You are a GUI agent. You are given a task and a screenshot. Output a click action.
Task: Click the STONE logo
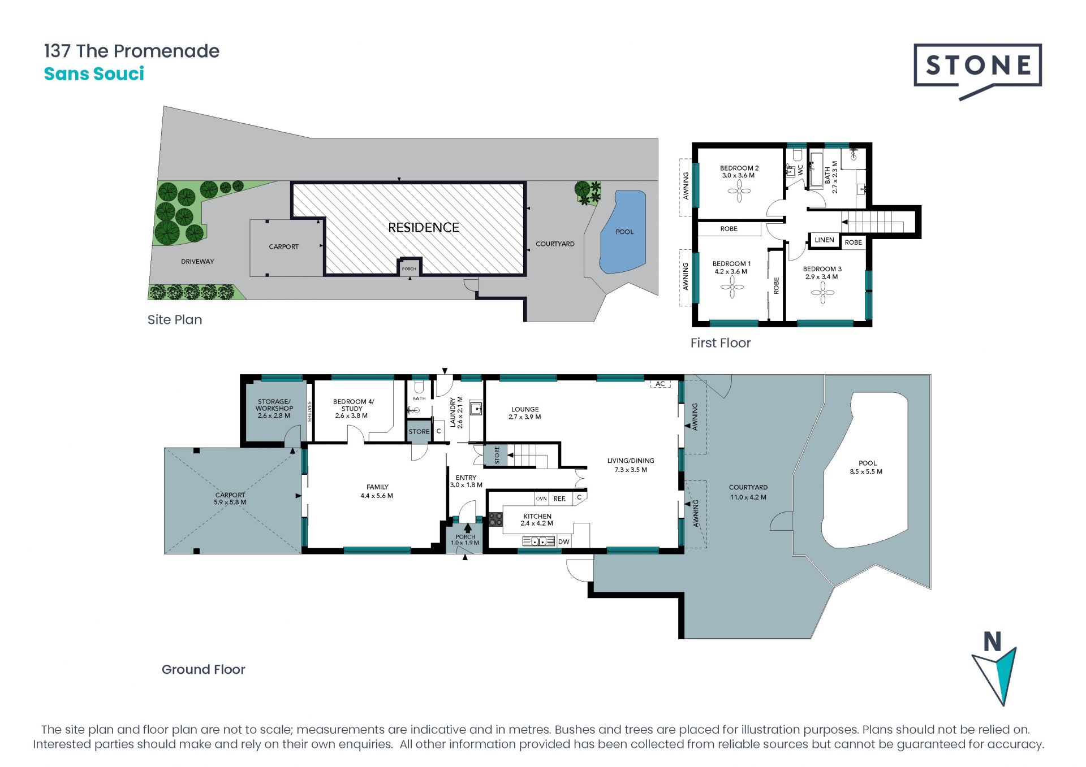point(977,67)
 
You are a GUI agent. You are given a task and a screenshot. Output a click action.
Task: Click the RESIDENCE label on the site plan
point(424,228)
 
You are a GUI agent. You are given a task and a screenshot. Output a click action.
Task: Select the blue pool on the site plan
point(623,232)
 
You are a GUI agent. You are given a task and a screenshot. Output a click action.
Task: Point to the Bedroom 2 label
point(739,172)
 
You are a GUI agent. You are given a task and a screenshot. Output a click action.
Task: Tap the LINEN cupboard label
point(824,240)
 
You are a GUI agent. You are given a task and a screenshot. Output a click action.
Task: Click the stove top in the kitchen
point(495,519)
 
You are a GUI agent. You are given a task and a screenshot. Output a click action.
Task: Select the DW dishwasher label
point(563,541)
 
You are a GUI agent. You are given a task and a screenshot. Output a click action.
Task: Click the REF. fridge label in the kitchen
point(559,499)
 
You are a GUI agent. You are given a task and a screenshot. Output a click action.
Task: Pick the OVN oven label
point(541,499)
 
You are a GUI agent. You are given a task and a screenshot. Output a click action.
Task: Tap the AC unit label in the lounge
point(660,384)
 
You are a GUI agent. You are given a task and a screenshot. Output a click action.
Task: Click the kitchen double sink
point(538,541)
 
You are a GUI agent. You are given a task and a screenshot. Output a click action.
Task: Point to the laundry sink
point(476,408)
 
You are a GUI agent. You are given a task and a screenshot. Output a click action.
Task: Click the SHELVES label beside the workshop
point(309,411)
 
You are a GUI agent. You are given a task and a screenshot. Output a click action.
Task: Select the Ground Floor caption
point(204,669)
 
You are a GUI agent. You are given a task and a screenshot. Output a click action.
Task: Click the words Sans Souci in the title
point(94,73)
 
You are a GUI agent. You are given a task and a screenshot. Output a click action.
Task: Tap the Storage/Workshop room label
point(274,409)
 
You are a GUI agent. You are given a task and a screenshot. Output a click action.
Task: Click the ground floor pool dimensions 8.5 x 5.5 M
point(866,471)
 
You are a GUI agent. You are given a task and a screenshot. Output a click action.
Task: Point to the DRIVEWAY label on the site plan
point(197,262)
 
